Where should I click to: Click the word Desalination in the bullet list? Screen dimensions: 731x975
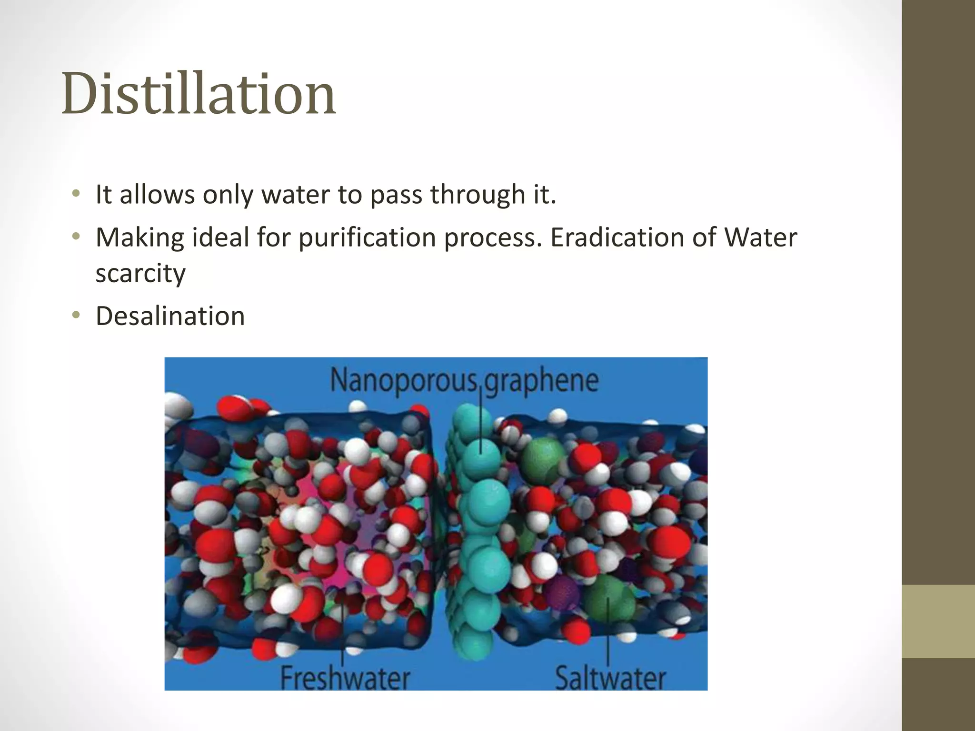point(170,316)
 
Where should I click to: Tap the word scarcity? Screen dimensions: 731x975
point(140,273)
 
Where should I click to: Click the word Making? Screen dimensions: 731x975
point(139,237)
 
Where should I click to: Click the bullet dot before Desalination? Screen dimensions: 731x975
point(76,315)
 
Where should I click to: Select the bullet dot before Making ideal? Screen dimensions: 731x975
point(76,236)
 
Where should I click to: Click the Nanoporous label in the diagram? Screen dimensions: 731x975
point(403,381)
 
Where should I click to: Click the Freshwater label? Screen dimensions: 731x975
point(345,678)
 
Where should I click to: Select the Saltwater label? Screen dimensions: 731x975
point(610,678)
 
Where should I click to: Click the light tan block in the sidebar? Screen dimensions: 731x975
point(938,621)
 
